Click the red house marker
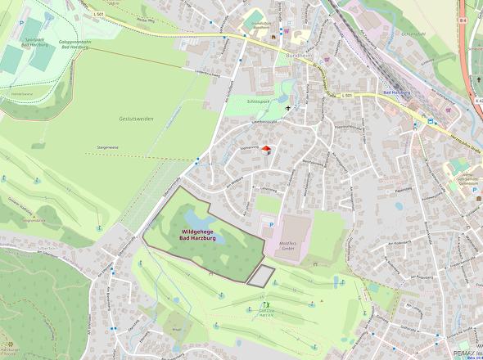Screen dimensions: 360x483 point(265,149)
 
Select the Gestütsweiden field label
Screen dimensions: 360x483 point(136,119)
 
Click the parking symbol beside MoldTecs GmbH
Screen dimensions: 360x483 point(272,222)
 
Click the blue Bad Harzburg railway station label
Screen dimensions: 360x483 point(399,97)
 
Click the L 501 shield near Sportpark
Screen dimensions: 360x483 point(99,14)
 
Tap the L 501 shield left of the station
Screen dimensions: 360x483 point(346,96)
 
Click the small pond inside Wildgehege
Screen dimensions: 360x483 point(197,218)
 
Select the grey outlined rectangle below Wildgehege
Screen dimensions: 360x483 point(261,276)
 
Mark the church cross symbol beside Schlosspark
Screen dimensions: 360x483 point(287,107)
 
